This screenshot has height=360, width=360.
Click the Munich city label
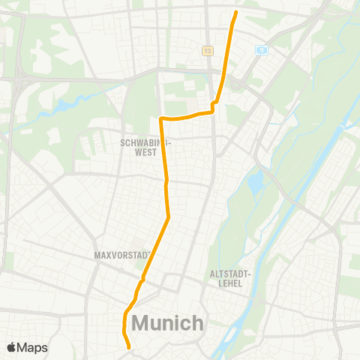click(x=167, y=323)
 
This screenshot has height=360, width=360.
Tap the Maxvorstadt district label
click(x=124, y=255)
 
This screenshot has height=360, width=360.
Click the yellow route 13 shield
click(x=206, y=50)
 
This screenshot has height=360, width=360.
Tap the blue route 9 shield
click(x=261, y=50)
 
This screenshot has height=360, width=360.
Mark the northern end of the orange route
click(x=236, y=12)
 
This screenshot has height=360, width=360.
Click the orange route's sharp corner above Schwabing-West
click(x=161, y=118)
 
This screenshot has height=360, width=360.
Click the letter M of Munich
click(x=140, y=323)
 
